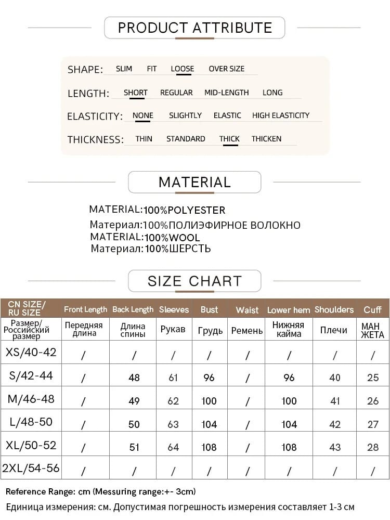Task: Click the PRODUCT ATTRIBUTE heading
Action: [194, 28]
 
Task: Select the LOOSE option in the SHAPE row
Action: [183, 69]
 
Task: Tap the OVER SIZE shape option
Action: [226, 69]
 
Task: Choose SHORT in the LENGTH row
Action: [136, 93]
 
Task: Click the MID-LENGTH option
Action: [226, 93]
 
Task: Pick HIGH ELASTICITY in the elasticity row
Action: [281, 115]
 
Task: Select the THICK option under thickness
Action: [229, 139]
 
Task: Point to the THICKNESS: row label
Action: [96, 139]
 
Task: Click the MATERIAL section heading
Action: [194, 183]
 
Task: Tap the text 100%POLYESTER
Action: [185, 210]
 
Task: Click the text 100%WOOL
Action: [172, 238]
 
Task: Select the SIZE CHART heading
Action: [194, 281]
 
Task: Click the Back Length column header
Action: [133, 309]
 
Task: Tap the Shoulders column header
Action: [334, 309]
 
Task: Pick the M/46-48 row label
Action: [31, 399]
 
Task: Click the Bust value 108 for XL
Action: [209, 447]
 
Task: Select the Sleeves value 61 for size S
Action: [173, 378]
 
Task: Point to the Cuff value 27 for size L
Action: [373, 424]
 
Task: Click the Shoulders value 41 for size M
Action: [335, 401]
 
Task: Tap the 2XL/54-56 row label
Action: [31, 468]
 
